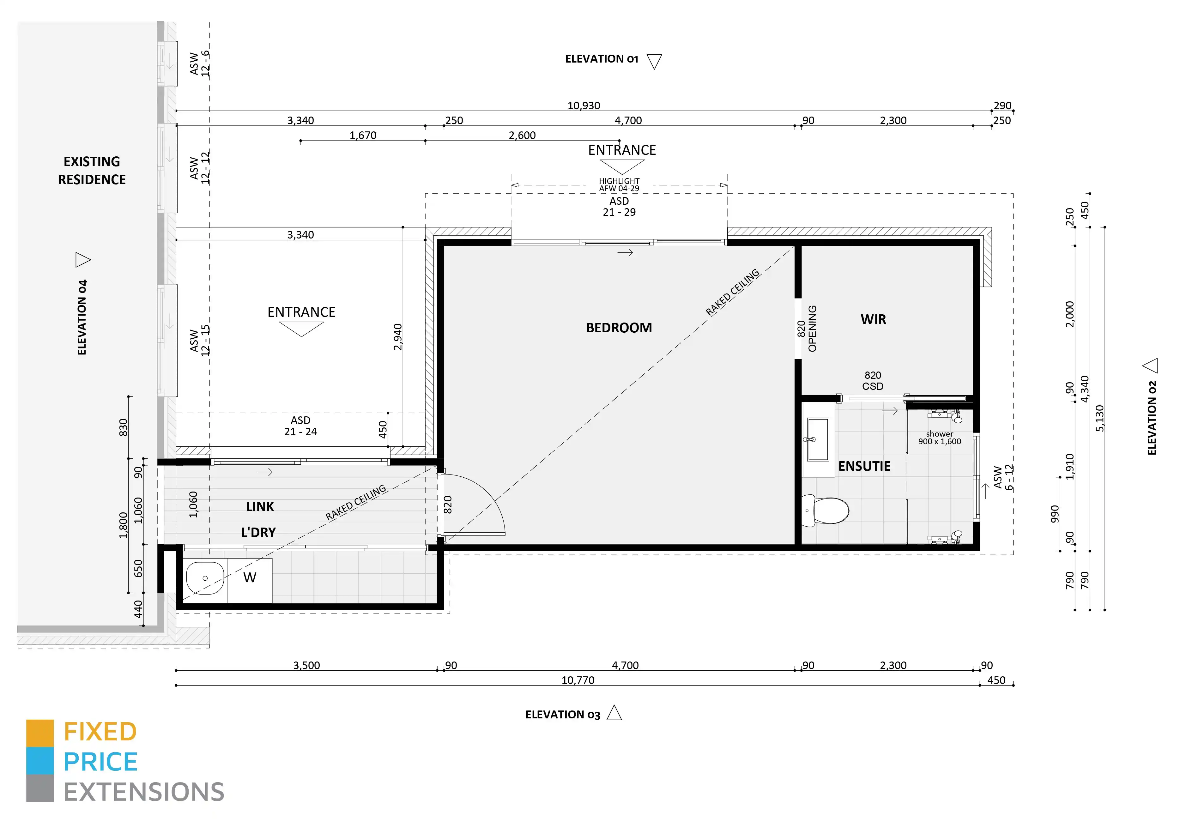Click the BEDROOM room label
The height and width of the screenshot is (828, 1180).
(619, 328)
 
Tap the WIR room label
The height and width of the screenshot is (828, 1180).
(873, 319)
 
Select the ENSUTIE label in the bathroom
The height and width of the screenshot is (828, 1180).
(864, 466)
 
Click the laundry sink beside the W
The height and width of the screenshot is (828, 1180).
(204, 578)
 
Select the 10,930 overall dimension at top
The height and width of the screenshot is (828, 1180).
(583, 106)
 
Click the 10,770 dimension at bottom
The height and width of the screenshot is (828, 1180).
(578, 680)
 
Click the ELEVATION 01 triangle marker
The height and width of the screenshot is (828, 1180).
(654, 61)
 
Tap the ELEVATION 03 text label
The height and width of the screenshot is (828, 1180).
(562, 714)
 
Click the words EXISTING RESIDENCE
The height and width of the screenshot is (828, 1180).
(92, 171)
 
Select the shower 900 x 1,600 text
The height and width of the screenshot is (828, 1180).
(940, 438)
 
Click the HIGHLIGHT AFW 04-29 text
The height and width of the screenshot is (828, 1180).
(619, 184)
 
